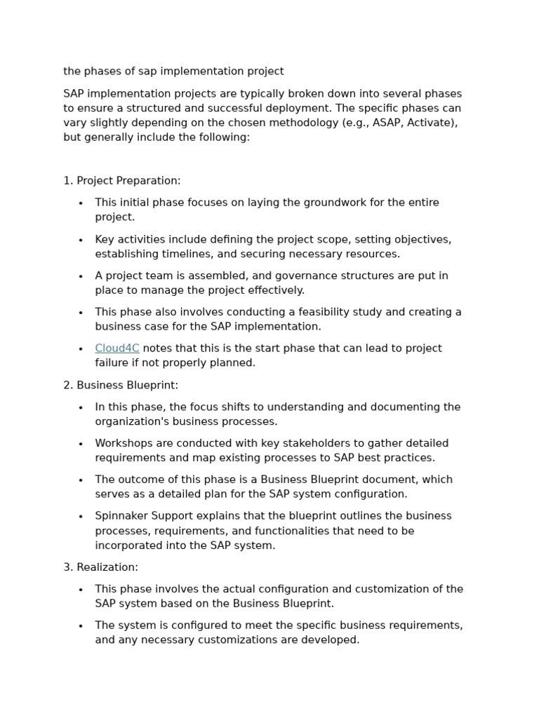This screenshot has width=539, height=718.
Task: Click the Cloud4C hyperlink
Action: click(117, 348)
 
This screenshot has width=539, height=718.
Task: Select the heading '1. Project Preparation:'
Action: click(121, 181)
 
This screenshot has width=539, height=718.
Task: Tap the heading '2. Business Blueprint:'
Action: click(120, 385)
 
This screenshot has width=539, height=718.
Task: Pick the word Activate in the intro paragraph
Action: click(434, 123)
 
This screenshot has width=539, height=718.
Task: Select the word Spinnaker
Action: click(121, 516)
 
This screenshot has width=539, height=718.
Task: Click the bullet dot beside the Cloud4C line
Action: click(81, 349)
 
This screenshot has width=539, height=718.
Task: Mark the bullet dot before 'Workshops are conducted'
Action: click(81, 444)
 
